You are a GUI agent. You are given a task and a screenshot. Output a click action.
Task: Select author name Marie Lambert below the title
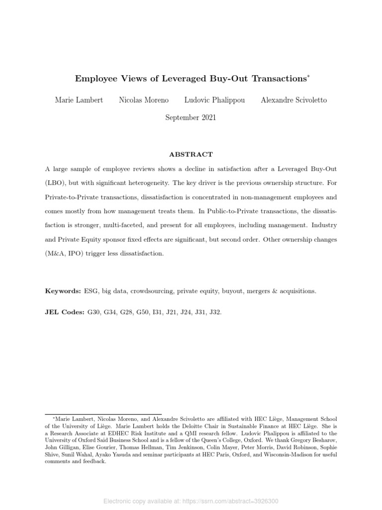79,100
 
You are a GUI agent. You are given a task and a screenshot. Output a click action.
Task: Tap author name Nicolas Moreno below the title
144,100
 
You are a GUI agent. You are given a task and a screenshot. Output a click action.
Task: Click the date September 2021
191,118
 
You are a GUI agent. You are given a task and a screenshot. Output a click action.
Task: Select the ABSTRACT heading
191,154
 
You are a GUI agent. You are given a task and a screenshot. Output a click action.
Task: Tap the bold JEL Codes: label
65,312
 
